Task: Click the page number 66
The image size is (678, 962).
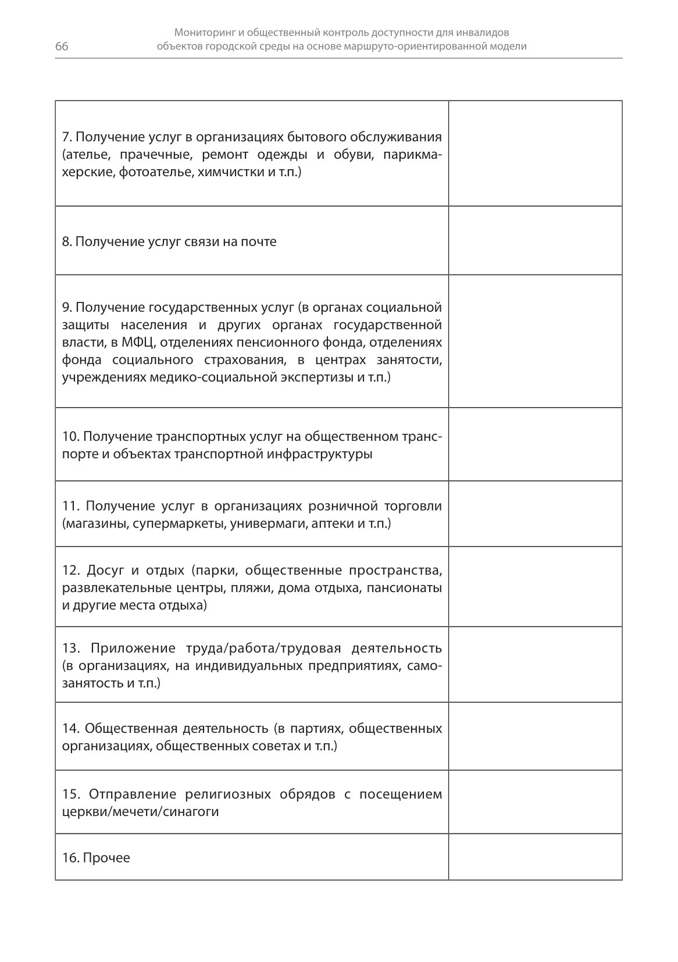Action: coord(62,47)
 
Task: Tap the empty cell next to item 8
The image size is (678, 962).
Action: coord(535,240)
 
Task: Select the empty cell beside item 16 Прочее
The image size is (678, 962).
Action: coord(535,857)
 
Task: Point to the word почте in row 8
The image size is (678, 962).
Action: coord(259,241)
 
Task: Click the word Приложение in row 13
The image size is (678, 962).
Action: coord(133,648)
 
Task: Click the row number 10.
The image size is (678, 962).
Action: coord(69,436)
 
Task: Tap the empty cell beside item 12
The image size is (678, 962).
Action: coord(535,586)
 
